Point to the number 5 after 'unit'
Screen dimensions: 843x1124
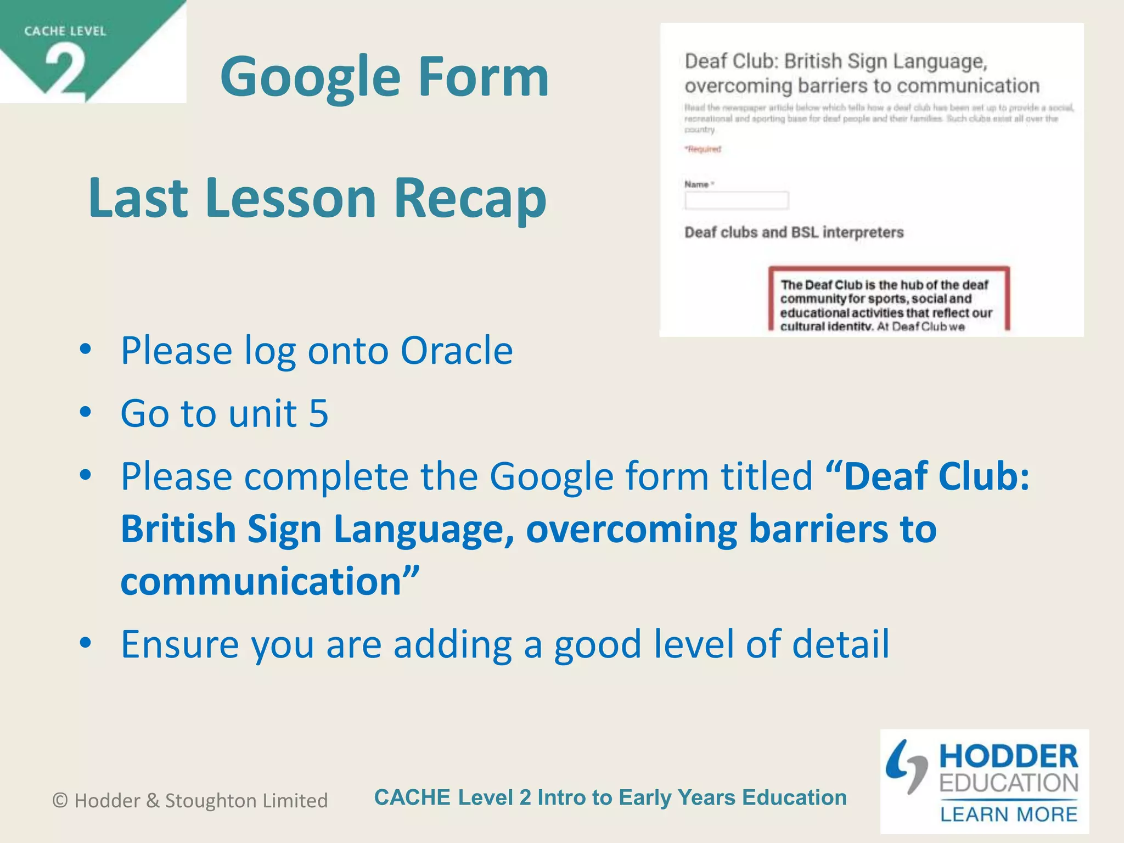318,413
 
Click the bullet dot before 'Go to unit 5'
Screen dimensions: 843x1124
85,413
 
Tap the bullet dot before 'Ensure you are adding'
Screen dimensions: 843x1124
85,643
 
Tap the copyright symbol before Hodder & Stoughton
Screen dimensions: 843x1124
60,801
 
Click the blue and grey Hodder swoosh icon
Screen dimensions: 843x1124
907,767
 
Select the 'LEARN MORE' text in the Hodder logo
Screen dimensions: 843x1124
1009,814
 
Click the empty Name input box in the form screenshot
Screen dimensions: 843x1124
737,200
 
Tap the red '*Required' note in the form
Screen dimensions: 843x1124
703,149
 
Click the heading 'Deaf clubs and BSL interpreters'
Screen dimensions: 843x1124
794,233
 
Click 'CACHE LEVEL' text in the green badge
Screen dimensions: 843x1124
65,31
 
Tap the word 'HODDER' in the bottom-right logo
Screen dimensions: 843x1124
1009,757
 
